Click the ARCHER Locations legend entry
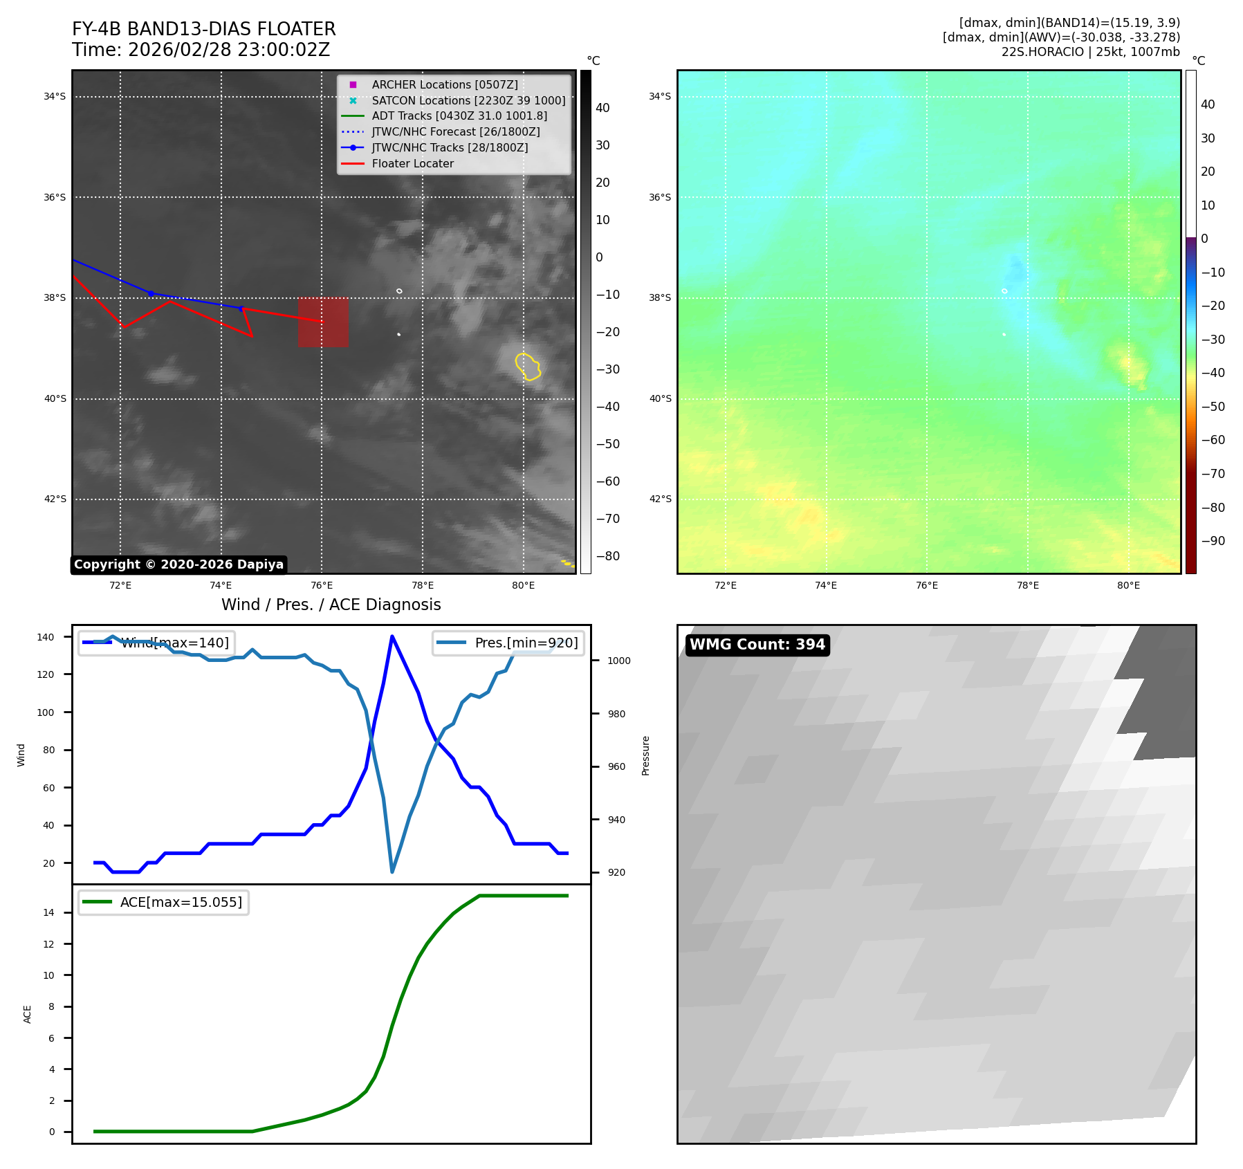pos(444,84)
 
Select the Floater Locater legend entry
pos(412,163)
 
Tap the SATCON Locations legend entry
pos(468,100)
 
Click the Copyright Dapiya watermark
pos(178,564)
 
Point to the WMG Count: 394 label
pos(757,645)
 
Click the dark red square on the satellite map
pos(323,322)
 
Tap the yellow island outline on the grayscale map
pos(528,366)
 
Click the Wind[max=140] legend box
pos(156,643)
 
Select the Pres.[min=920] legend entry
pos(508,643)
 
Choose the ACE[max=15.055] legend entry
pos(164,902)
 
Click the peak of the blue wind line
pos(392,636)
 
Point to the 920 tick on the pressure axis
pos(616,872)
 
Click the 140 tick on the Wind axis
pos(46,637)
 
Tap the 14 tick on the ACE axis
pos(48,912)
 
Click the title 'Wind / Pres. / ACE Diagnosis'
pos(331,605)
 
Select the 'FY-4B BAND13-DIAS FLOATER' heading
pos(204,29)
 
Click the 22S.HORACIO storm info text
pos(1090,52)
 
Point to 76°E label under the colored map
pos(927,585)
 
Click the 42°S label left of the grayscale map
pos(55,499)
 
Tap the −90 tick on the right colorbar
pos(1213,541)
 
